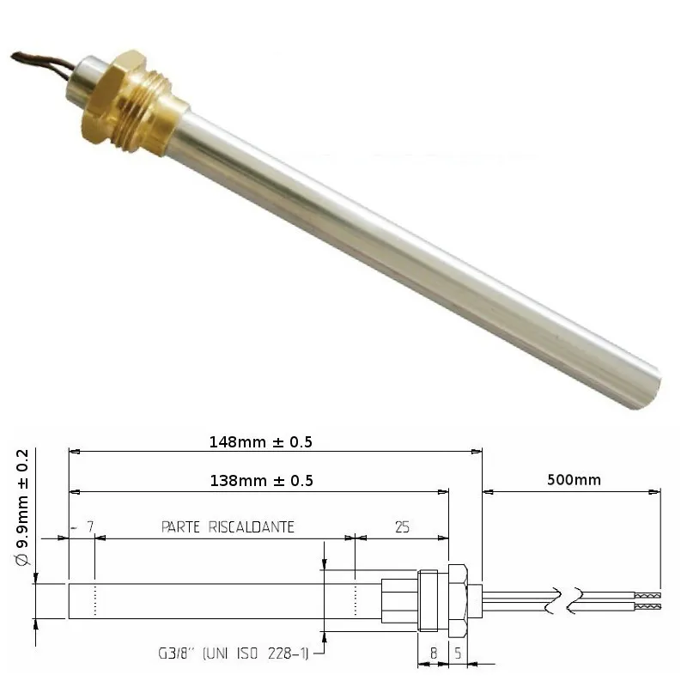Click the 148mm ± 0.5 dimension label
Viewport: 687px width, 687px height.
click(261, 441)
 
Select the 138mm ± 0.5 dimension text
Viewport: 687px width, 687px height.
click(262, 481)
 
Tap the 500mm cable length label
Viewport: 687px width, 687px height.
click(574, 480)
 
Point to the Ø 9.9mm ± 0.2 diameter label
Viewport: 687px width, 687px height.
click(22, 508)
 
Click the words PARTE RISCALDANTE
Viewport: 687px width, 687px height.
click(228, 526)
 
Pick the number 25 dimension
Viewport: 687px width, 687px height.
click(402, 526)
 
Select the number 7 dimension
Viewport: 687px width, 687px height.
click(90, 526)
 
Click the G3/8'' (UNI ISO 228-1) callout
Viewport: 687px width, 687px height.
click(233, 654)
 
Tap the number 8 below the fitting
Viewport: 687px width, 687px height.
click(434, 654)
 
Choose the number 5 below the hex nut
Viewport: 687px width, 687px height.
click(458, 654)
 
